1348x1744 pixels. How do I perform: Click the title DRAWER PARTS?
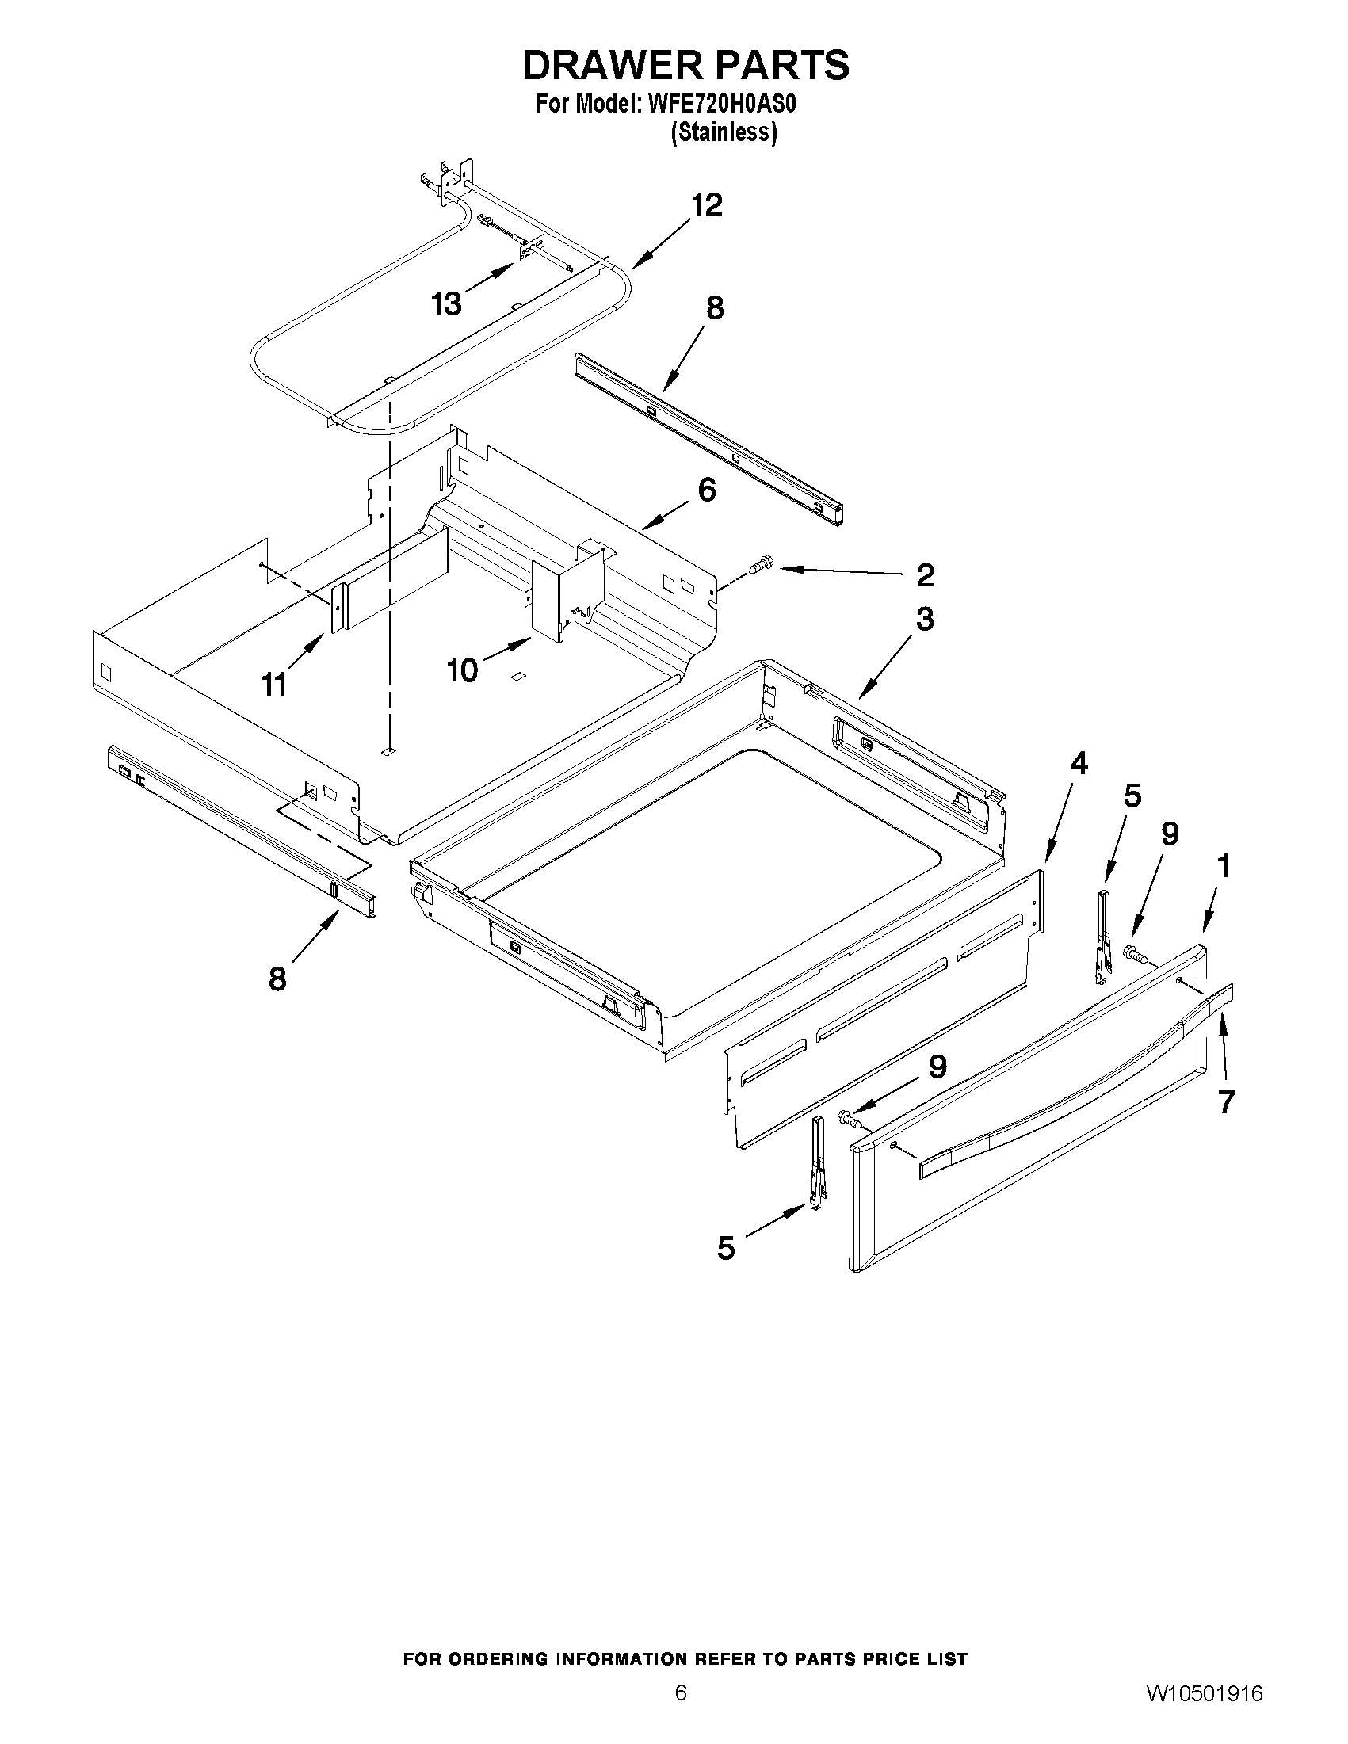pyautogui.click(x=685, y=66)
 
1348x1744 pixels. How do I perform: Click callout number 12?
pyautogui.click(x=707, y=206)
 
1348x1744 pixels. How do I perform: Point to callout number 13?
pyautogui.click(x=446, y=303)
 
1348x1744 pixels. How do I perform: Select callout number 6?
pyautogui.click(x=707, y=490)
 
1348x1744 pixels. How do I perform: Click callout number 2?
pyautogui.click(x=925, y=574)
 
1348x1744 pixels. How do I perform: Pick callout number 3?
pyautogui.click(x=924, y=619)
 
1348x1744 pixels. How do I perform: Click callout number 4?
pyautogui.click(x=1078, y=764)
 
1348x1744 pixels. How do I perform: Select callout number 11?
pyautogui.click(x=274, y=685)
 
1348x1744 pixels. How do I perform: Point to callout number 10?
pyautogui.click(x=462, y=670)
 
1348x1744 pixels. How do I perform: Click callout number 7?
pyautogui.click(x=1227, y=1102)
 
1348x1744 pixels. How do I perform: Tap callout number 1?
pyautogui.click(x=1223, y=865)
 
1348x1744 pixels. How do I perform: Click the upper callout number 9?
pyautogui.click(x=1169, y=834)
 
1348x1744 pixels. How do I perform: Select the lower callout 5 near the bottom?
pyautogui.click(x=725, y=1248)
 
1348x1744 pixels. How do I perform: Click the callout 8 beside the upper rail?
pyautogui.click(x=715, y=307)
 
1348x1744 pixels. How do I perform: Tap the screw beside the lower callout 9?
pyautogui.click(x=849, y=1120)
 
